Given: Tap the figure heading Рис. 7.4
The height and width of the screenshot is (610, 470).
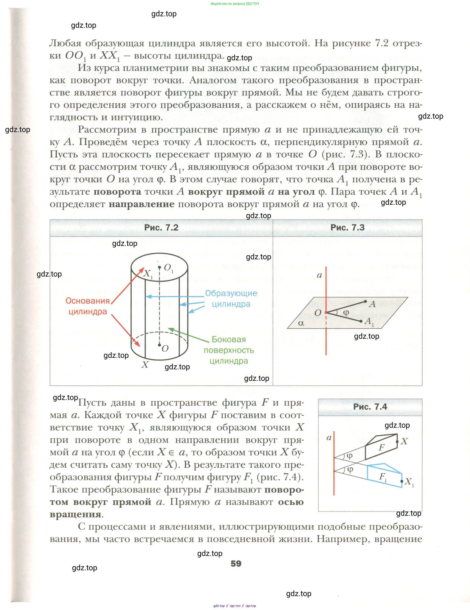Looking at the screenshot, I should (x=370, y=406).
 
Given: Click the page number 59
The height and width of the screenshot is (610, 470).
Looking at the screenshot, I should (x=236, y=563).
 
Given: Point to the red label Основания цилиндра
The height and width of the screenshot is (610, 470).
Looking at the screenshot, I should (x=88, y=306).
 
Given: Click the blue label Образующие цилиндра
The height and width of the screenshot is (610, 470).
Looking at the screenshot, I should (x=231, y=298).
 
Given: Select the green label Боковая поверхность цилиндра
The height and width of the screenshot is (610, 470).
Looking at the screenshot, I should (x=229, y=350).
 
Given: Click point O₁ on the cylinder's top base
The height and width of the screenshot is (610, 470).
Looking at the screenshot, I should (x=160, y=267).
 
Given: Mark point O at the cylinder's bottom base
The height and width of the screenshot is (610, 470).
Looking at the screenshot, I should (x=160, y=345).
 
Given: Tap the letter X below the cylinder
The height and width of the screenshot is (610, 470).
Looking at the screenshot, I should (x=145, y=365).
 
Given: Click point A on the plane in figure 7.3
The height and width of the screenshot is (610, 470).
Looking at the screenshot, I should (x=365, y=301).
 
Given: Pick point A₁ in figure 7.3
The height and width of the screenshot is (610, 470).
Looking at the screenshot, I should (x=361, y=321).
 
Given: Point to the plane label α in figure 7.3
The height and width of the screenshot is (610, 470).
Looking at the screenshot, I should (x=301, y=323).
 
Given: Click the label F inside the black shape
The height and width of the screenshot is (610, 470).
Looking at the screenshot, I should (x=382, y=447).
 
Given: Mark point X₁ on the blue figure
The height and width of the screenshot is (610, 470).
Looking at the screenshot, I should (x=402, y=481).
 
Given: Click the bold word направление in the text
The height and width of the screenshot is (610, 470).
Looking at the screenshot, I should (x=141, y=204).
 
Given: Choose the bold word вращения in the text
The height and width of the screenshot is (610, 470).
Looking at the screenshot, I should (x=75, y=514).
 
